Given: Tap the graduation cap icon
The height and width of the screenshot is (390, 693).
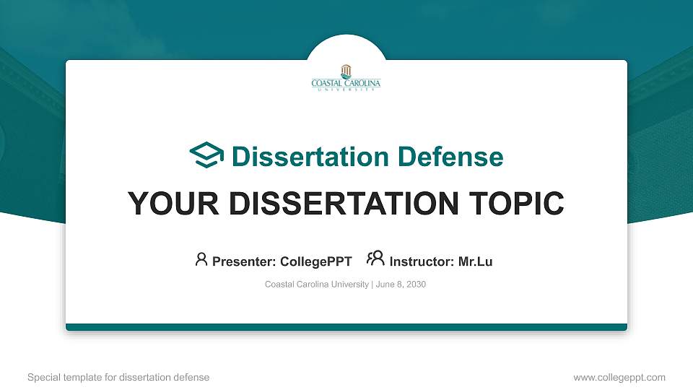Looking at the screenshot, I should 206,156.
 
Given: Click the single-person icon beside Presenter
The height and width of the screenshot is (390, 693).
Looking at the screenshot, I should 201,259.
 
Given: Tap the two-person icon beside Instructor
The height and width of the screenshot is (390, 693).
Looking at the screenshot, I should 375,259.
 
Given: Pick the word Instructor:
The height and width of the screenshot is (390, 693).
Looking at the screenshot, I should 422,261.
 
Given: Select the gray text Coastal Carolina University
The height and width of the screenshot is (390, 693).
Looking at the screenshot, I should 317,285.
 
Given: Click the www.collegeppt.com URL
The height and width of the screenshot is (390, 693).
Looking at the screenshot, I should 619,377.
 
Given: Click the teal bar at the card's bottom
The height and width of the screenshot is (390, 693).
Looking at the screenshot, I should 346,327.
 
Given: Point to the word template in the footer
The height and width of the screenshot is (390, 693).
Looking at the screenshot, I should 84,377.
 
